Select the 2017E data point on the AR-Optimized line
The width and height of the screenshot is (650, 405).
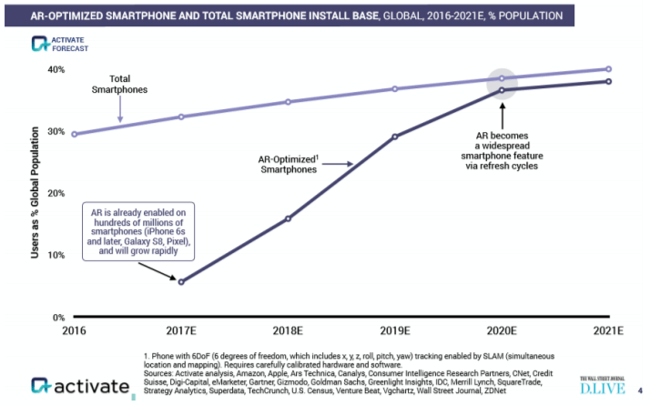pos(181,281)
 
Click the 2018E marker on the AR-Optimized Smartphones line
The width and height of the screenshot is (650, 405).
pos(288,218)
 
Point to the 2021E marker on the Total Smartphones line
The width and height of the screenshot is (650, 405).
pos(608,69)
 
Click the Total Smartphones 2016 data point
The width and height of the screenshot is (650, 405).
pos(74,134)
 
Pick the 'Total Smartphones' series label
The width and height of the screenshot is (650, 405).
pos(118,85)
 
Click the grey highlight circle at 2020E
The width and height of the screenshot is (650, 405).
pos(502,84)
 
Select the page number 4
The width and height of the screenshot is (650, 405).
pos(640,389)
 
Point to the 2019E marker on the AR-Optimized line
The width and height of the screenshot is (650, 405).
pos(394,137)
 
